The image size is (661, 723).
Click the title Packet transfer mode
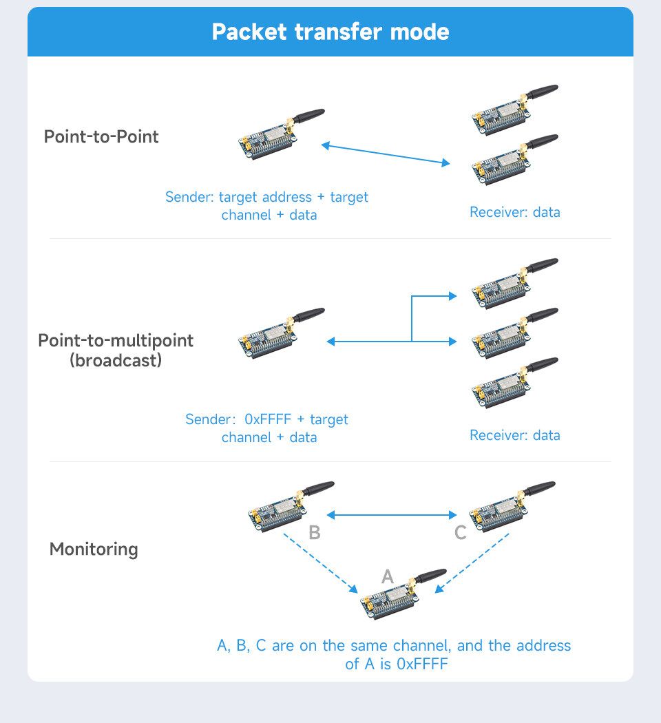[330, 32]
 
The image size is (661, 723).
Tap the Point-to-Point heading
[101, 136]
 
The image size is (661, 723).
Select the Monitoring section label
[94, 549]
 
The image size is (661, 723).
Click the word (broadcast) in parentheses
[116, 360]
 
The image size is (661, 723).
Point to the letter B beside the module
[315, 532]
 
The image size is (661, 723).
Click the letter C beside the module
[460, 532]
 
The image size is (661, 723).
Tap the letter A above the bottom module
[388, 576]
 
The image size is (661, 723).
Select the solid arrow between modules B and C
[391, 515]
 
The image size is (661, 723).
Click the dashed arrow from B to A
[320, 563]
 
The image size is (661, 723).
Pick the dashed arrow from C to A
[472, 563]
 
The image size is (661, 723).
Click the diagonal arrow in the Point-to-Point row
[386, 154]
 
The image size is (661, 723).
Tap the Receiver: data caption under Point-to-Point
[515, 212]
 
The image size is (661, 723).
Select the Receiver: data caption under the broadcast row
[515, 435]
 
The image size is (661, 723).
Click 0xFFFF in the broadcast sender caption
[268, 419]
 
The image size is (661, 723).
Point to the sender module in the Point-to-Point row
[282, 134]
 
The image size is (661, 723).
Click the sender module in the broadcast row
[282, 333]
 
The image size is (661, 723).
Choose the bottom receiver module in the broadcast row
[515, 383]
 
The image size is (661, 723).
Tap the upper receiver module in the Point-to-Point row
[515, 110]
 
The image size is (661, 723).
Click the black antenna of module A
[430, 576]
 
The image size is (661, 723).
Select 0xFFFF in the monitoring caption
[422, 664]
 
